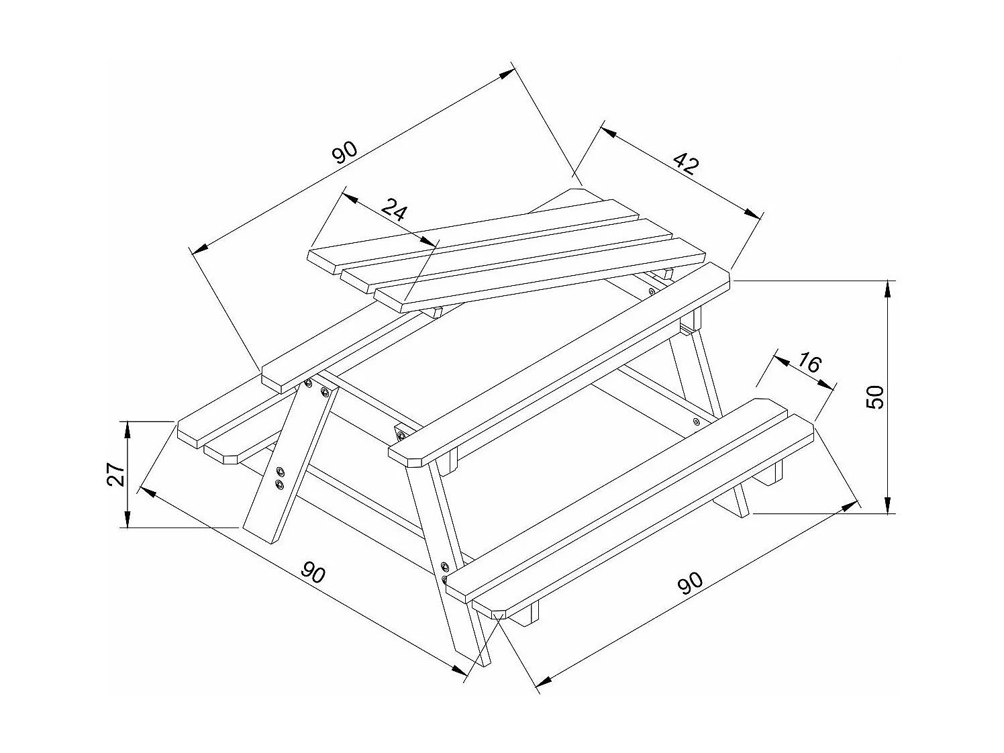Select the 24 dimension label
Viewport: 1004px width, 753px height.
[x=395, y=211]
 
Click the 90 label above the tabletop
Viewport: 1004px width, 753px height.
[x=346, y=153]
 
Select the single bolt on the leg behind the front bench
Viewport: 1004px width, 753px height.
[x=696, y=421]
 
